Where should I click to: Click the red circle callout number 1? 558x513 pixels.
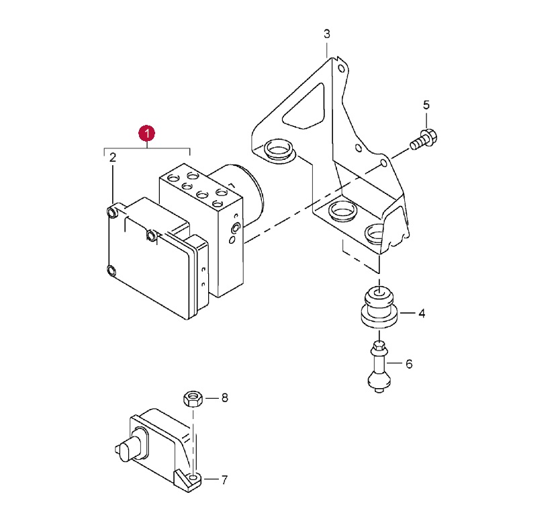click(146, 134)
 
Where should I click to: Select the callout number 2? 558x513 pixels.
click(112, 157)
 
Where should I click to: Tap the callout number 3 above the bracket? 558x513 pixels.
click(327, 34)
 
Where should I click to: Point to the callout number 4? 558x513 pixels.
click(422, 314)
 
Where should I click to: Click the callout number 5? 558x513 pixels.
click(426, 105)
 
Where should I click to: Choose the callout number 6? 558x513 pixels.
click(409, 364)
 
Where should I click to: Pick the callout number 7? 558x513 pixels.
click(224, 480)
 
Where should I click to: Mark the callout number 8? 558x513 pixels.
click(224, 398)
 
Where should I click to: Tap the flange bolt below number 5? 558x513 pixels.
click(424, 140)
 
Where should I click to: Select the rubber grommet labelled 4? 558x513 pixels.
click(379, 307)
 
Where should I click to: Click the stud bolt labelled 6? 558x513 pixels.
click(379, 367)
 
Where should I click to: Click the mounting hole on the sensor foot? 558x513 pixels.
click(193, 477)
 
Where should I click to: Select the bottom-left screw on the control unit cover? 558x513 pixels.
click(111, 271)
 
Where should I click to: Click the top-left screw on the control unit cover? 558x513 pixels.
click(112, 212)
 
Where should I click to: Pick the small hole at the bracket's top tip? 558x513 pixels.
click(341, 68)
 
